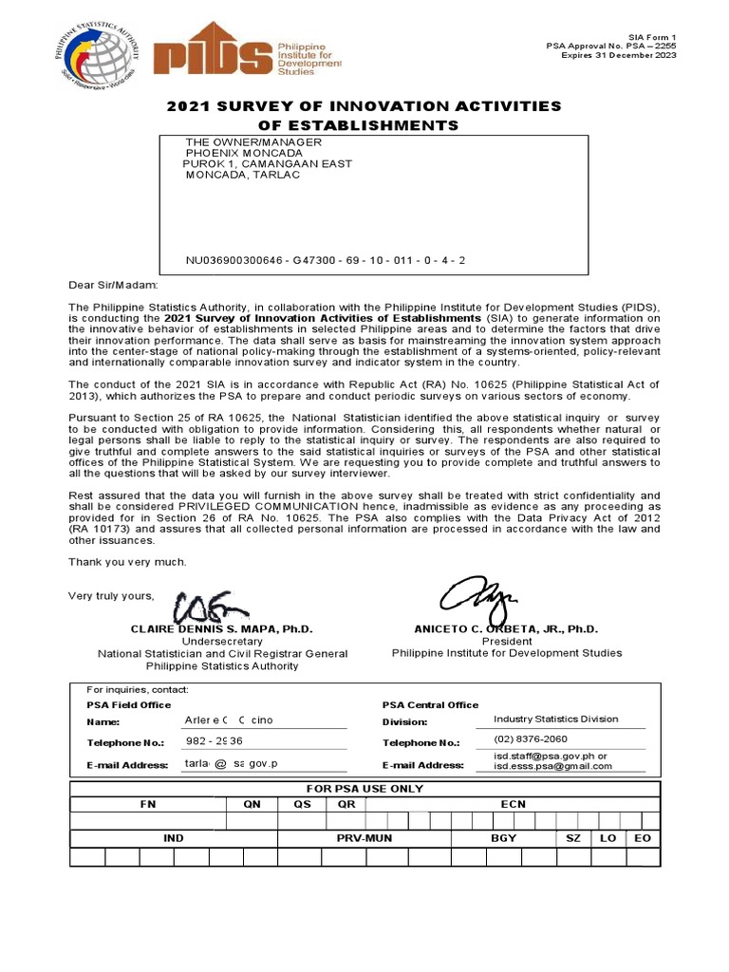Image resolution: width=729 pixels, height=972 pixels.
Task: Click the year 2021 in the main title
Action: click(x=187, y=106)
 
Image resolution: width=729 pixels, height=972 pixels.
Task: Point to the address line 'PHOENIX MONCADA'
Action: click(x=244, y=153)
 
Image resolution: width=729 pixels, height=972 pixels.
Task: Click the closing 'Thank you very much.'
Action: click(x=127, y=562)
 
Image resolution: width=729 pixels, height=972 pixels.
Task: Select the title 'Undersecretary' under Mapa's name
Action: click(x=221, y=642)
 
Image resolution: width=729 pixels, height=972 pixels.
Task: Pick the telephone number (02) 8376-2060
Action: click(x=531, y=739)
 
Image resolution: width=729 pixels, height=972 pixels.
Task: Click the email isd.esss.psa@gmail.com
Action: click(x=552, y=767)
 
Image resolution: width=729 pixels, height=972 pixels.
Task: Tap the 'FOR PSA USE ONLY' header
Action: click(x=364, y=789)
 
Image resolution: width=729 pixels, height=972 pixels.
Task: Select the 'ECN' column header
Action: click(x=514, y=804)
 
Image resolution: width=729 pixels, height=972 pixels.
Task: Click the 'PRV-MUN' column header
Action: click(x=364, y=839)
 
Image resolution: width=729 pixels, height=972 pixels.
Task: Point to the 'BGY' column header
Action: click(x=503, y=839)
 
